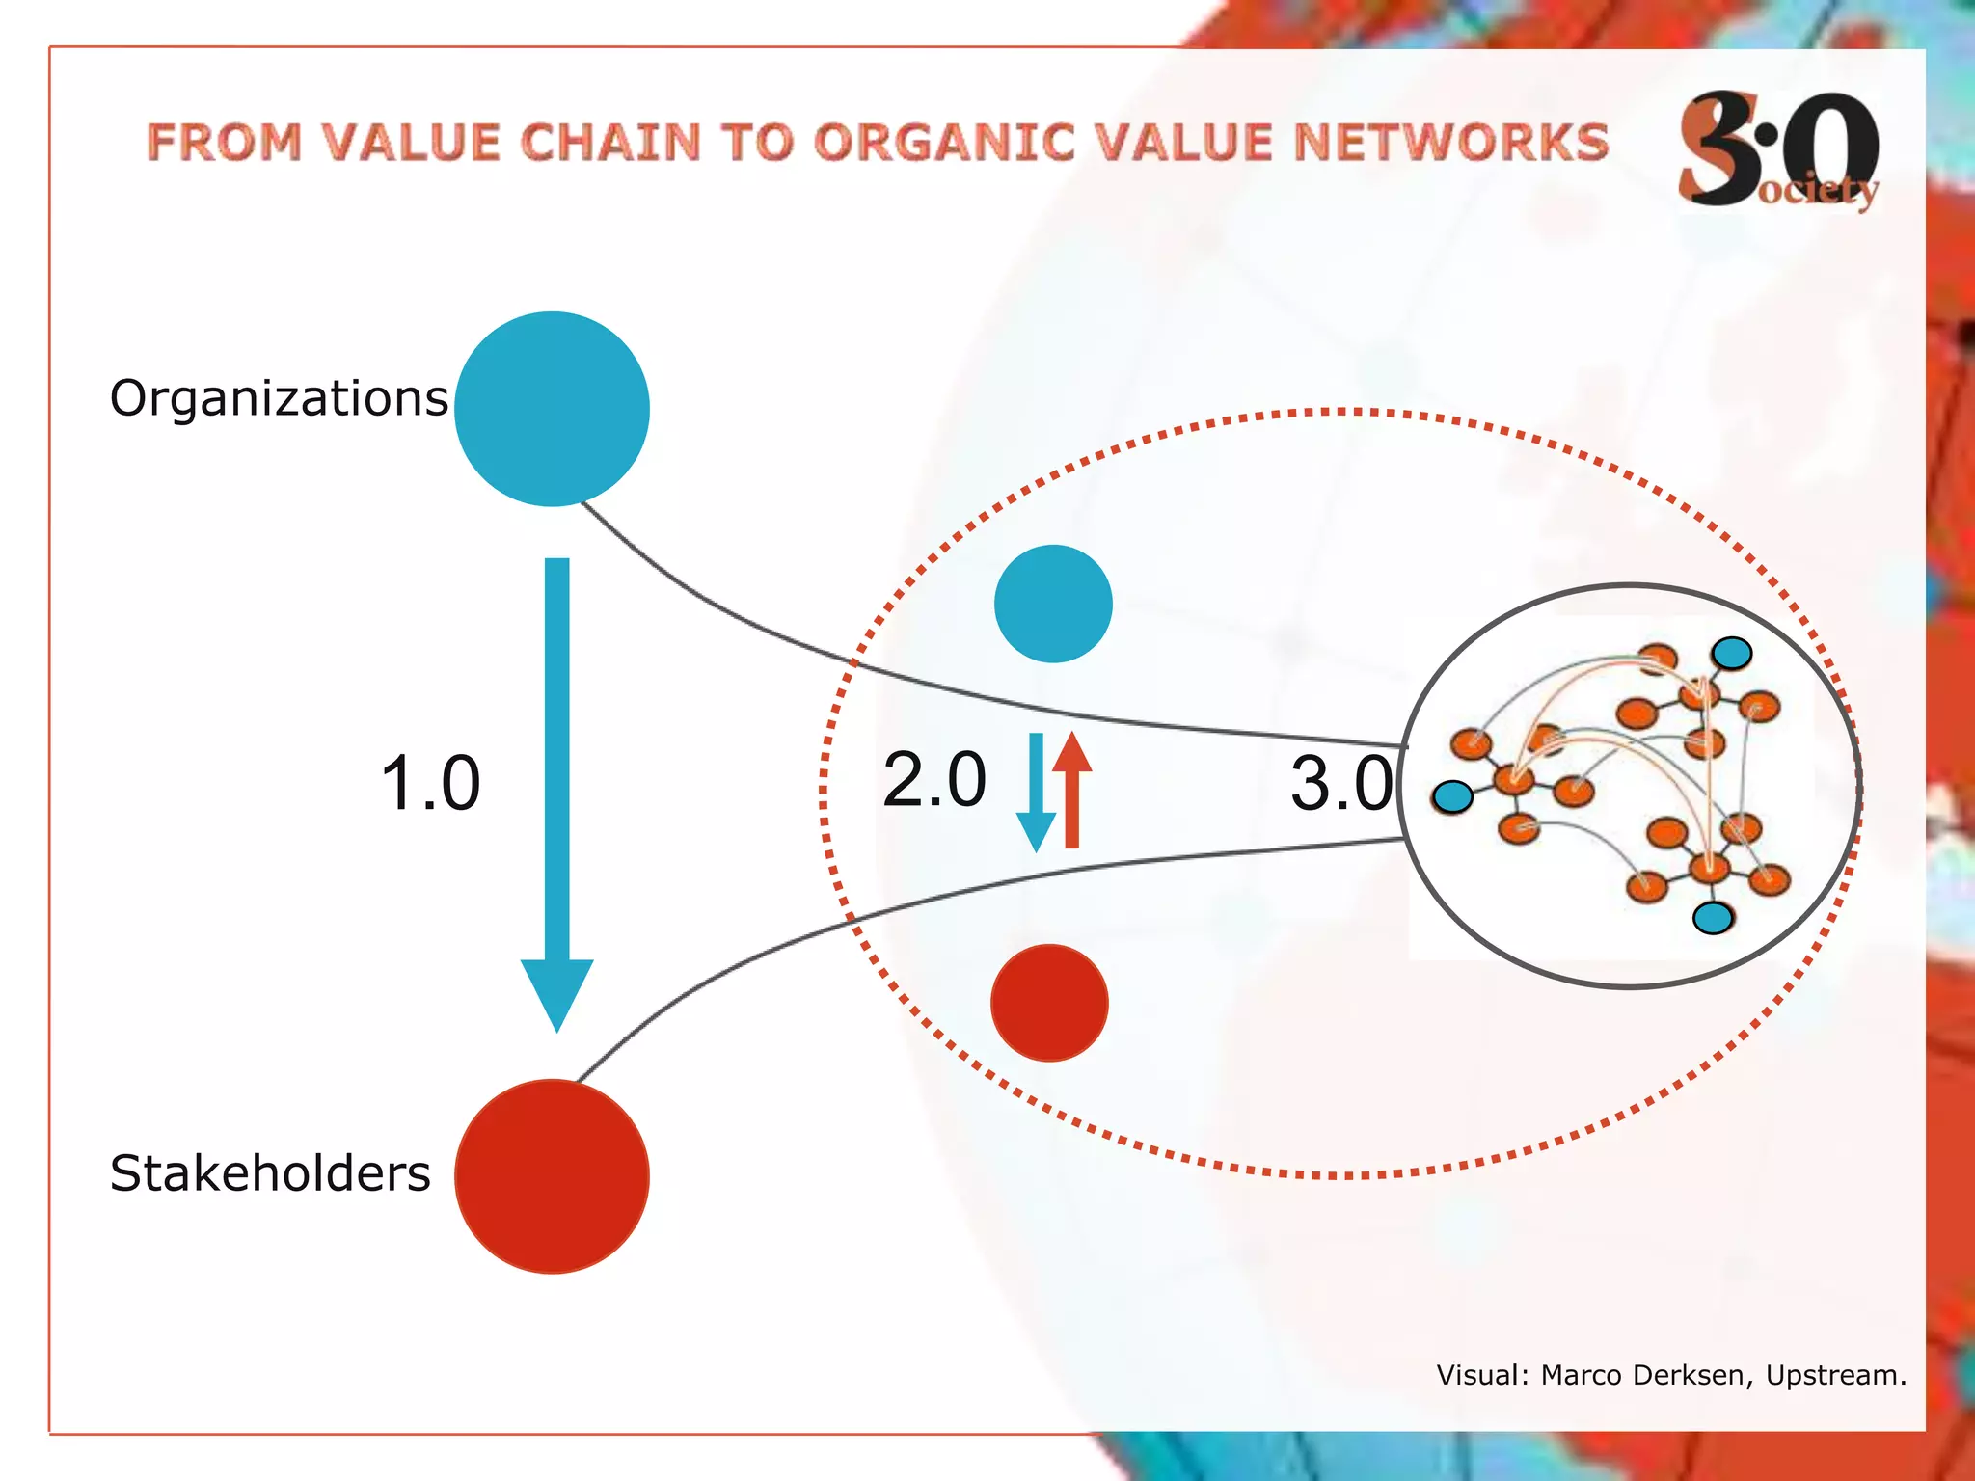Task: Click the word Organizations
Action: click(x=279, y=399)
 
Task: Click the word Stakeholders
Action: click(x=270, y=1174)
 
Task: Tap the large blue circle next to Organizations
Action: click(x=552, y=409)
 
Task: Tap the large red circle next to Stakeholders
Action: click(x=552, y=1176)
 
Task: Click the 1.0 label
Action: click(x=430, y=783)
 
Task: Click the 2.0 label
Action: click(x=933, y=779)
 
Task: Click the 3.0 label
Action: click(x=1341, y=783)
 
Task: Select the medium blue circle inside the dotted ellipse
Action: click(x=1053, y=604)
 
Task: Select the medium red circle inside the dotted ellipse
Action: click(x=1049, y=1003)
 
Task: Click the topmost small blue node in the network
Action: click(x=1732, y=654)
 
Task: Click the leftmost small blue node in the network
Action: click(x=1452, y=796)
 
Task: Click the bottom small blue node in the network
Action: click(x=1713, y=918)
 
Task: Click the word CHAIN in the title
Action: click(x=610, y=143)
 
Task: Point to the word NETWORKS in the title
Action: click(x=1450, y=143)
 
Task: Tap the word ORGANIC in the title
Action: click(x=944, y=143)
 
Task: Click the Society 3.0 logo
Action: click(x=1778, y=149)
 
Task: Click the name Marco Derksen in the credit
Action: click(x=1645, y=1375)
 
